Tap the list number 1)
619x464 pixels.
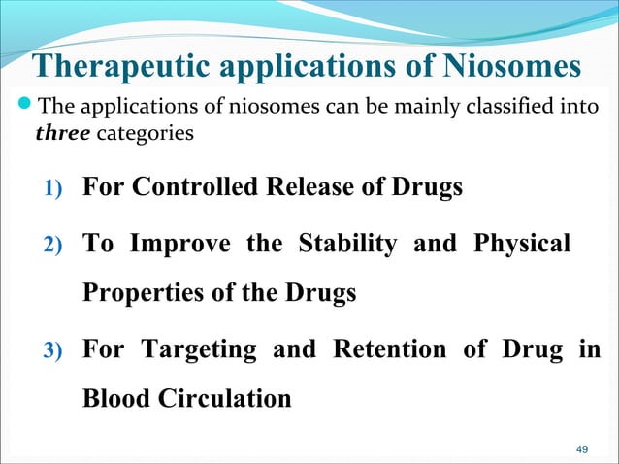[50, 188]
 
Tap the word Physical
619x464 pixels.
[521, 244]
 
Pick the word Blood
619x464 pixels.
[113, 399]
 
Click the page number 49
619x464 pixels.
[582, 449]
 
